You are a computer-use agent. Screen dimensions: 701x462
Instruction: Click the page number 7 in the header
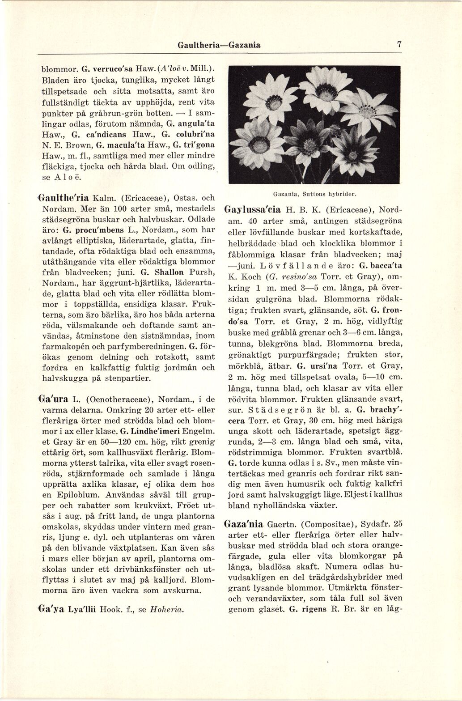(x=399, y=45)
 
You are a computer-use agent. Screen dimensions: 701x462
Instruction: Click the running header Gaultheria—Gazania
(x=219, y=45)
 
